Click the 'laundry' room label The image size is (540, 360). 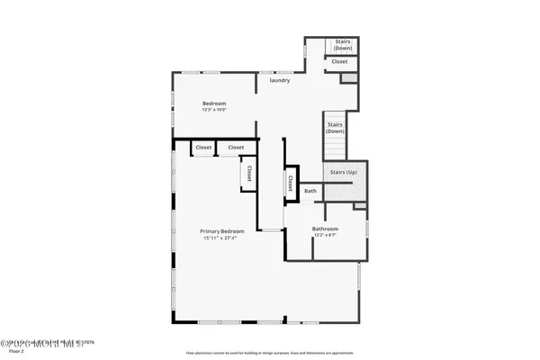point(278,81)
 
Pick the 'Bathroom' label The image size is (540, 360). point(325,229)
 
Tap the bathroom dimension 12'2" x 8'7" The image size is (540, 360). point(325,236)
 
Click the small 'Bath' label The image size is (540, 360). point(310,191)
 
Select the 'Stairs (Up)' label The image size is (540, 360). point(344,171)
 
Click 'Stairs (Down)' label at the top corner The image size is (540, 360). point(343,44)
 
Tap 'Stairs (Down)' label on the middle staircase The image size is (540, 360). point(335,127)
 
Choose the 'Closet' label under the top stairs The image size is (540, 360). point(339,62)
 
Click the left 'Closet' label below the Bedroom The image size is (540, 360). point(203,147)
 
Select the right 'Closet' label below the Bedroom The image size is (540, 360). point(236,147)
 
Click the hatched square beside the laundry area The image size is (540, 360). point(350,79)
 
